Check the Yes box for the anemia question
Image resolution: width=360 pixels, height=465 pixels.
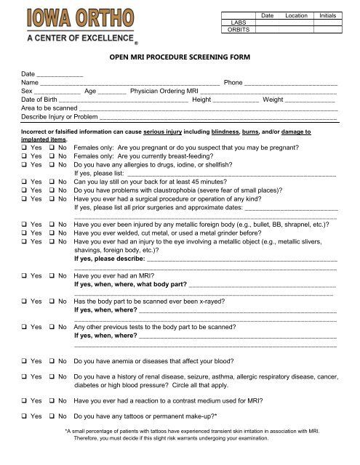coord(24,360)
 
